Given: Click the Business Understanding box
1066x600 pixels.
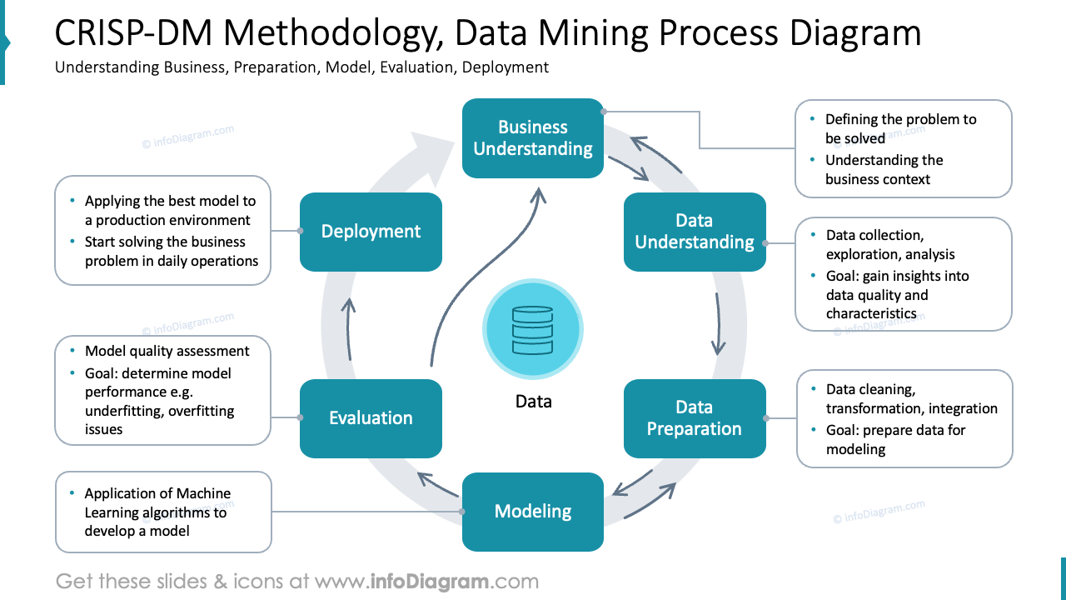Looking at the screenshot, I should (x=533, y=138).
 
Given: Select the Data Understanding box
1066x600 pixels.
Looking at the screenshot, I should (x=695, y=232).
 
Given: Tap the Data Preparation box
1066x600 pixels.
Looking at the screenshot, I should (x=695, y=418).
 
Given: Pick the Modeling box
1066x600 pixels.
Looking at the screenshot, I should (x=533, y=512).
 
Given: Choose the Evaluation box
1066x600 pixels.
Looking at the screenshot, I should (x=371, y=418).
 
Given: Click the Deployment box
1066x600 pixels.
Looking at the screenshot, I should (x=371, y=232).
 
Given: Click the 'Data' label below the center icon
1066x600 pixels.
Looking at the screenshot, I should (x=533, y=402).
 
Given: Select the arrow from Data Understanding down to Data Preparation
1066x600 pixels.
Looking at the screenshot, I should (x=717, y=325).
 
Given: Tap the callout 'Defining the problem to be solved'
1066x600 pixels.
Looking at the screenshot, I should (x=900, y=128).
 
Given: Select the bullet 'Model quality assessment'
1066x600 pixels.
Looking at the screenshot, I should (x=167, y=352).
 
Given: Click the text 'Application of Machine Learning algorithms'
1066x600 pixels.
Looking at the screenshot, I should (x=157, y=502).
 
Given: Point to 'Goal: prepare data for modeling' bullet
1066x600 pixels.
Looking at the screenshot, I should (x=895, y=439).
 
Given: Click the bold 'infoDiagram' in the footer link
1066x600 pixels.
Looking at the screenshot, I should (x=430, y=581).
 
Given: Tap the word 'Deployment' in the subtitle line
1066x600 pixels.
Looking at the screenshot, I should (x=506, y=67).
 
